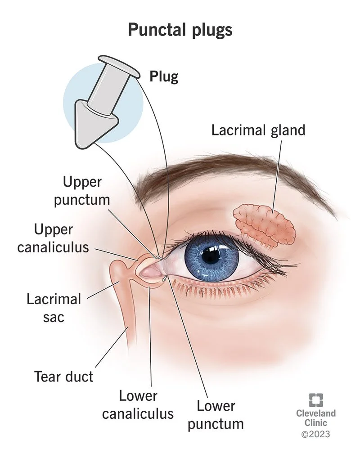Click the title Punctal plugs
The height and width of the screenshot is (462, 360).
coord(180,30)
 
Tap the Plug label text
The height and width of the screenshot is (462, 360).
coord(164,76)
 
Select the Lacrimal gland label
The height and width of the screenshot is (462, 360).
coord(258,130)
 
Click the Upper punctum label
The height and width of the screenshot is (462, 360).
coord(82,190)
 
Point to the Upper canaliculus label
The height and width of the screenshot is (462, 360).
coord(53,238)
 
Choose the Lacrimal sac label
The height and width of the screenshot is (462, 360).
coord(54,308)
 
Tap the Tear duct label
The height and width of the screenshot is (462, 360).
coord(64,376)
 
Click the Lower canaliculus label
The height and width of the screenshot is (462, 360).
coord(138,404)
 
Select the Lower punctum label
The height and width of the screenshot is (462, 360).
coord(216,414)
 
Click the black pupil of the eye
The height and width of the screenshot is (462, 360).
coord(210,256)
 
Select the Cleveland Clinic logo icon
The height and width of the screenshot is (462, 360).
coord(315,400)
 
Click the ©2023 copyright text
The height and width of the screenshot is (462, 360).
coord(315,434)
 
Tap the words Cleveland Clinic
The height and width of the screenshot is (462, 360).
coord(315,418)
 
